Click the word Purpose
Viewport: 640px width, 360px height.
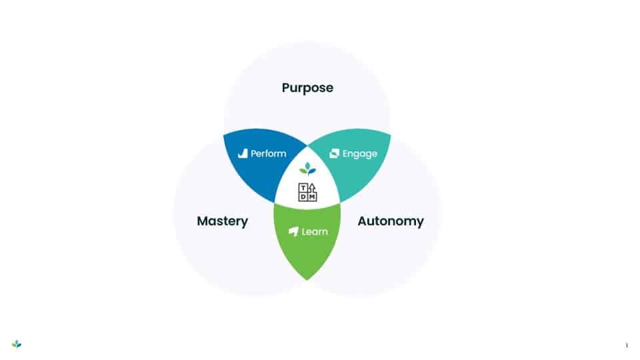point(307,88)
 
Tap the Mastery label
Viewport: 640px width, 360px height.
point(222,221)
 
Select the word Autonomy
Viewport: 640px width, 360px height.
point(391,221)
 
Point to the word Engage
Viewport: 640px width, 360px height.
point(360,153)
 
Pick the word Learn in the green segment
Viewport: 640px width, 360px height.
point(315,231)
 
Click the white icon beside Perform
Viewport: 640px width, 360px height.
point(243,153)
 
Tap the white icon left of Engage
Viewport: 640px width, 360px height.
point(335,153)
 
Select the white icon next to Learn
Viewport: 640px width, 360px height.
point(293,231)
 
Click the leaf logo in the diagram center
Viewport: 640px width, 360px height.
point(307,168)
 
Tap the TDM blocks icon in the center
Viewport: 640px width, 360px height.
point(307,192)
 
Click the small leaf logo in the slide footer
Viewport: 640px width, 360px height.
point(17,344)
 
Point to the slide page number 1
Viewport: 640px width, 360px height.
point(627,345)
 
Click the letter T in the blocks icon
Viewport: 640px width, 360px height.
point(303,187)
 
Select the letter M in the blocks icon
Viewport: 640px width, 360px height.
point(312,197)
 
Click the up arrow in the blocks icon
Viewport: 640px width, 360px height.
point(312,187)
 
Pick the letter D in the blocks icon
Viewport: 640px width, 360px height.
point(303,197)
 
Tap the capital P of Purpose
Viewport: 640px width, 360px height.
point(286,88)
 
